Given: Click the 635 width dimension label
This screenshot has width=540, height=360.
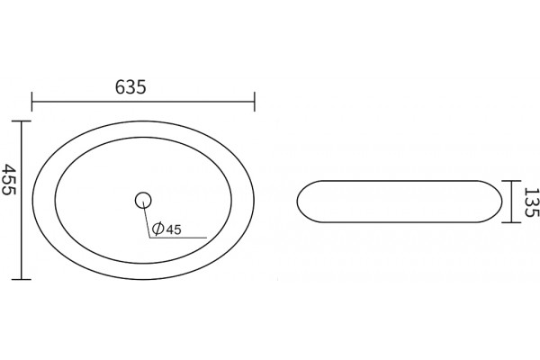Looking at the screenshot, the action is (130, 87).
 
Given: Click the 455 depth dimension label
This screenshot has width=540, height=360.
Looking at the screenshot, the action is (9, 179).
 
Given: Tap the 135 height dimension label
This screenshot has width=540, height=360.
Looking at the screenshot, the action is (531, 202).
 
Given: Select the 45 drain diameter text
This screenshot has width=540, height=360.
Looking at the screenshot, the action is (174, 229).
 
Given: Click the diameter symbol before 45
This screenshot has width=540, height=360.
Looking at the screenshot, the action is (157, 229).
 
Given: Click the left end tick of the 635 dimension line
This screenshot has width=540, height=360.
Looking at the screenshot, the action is (32, 102).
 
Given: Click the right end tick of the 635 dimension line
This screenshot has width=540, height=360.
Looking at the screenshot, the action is (255, 102).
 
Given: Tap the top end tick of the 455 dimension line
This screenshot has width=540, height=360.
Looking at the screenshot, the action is (22, 121).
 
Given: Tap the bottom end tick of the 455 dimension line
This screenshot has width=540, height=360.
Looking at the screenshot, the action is (22, 279).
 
